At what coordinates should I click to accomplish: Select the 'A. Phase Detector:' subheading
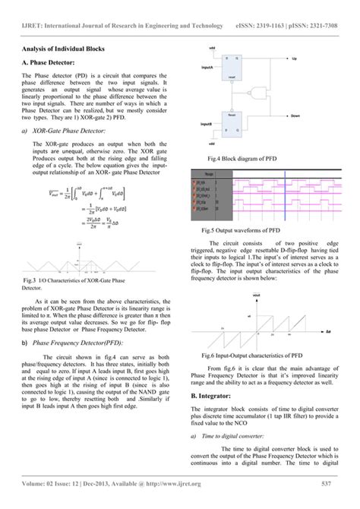click(x=49, y=64)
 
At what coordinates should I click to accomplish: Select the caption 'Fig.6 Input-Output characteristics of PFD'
click(x=254, y=355)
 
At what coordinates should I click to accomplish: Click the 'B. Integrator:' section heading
click(x=216, y=397)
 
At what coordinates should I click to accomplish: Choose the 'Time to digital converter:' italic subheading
click(x=238, y=437)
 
